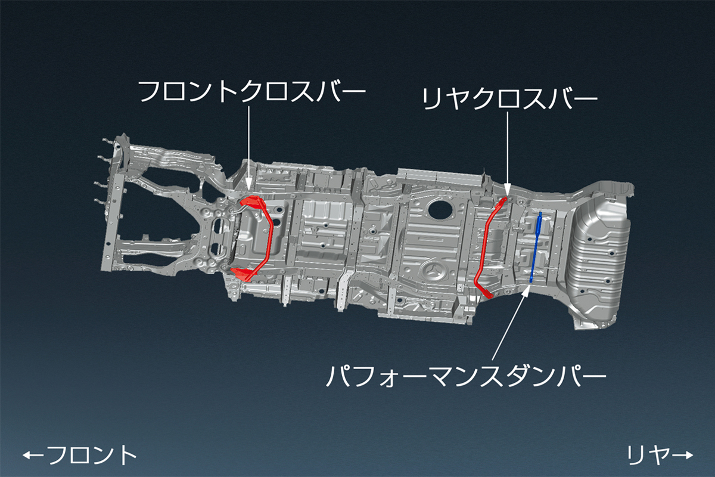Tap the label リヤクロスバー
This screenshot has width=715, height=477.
[508, 99]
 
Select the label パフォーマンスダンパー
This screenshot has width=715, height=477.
[465, 376]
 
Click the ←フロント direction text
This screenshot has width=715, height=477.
[80, 456]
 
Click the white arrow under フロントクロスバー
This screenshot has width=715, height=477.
[248, 149]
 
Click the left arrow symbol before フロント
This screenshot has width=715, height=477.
[33, 456]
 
